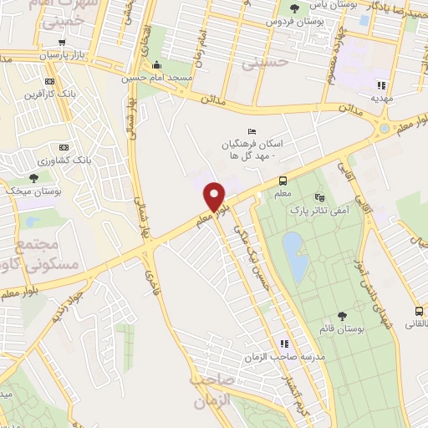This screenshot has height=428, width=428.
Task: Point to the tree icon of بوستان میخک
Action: point(33,178)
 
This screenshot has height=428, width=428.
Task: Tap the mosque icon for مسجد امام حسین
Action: point(156,66)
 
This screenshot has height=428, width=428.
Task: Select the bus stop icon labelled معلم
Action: point(283,181)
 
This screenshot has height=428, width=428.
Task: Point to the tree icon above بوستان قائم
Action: point(342,315)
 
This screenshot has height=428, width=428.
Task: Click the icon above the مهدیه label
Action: point(381,84)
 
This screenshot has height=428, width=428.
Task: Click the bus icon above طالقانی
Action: point(418,312)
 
